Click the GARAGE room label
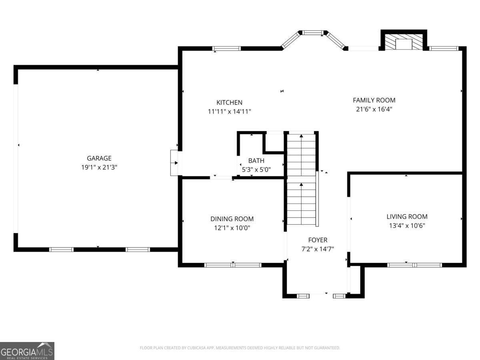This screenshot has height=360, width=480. point(99,158)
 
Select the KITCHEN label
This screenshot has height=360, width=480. point(229,102)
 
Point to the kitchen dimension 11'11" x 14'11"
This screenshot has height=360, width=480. point(229,112)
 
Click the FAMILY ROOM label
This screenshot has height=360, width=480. point(374,100)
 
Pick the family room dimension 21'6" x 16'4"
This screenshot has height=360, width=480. point(374,109)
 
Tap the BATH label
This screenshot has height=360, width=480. point(256,161)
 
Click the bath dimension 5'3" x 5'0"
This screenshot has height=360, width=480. point(256,170)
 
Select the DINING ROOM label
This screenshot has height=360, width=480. point(232,219)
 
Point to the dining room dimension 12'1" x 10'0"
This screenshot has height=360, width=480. point(232,228)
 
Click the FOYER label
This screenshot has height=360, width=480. point(318,240)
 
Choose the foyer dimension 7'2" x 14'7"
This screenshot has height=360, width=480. point(318,249)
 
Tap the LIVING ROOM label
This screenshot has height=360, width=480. point(407,216)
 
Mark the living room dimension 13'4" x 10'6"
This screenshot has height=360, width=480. point(407,226)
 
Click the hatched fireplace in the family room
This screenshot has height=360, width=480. point(404,42)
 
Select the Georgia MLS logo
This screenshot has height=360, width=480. point(27,351)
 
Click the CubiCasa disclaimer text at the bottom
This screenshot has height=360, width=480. point(240,348)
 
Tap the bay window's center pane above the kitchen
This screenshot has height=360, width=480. point(312,32)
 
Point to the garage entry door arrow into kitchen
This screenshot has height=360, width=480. point(175,163)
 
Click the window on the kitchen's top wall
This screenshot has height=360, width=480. point(226,48)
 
